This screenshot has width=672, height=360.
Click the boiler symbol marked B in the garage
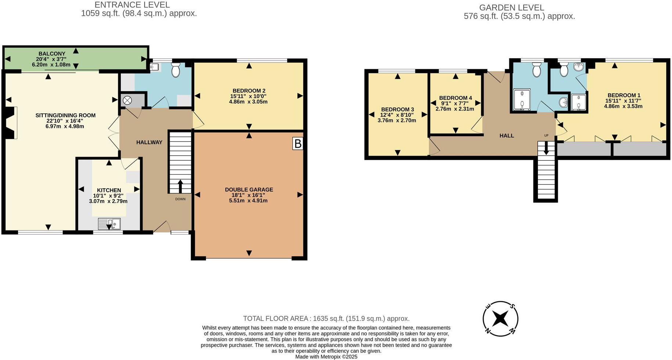click(x=297, y=143)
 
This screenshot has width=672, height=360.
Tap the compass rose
click(x=500, y=319)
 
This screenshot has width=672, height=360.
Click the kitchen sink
click(x=109, y=224)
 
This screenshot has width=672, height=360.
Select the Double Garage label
click(x=249, y=190)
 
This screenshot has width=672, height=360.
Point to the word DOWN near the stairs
click(x=180, y=199)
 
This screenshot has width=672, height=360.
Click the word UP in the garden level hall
click(x=546, y=135)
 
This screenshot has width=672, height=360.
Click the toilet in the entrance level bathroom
click(x=176, y=69)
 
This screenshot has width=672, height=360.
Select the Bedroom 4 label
click(x=455, y=98)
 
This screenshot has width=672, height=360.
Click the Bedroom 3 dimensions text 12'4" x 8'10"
click(x=397, y=115)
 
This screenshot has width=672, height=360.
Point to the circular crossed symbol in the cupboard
click(x=127, y=100)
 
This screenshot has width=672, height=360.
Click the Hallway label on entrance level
click(x=149, y=142)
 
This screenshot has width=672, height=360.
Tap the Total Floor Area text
click(x=326, y=319)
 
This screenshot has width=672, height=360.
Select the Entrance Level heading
click(x=132, y=5)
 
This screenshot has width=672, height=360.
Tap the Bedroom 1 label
click(x=624, y=95)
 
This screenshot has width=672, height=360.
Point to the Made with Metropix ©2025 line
click(x=326, y=357)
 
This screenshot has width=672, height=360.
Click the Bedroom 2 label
click(x=249, y=91)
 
